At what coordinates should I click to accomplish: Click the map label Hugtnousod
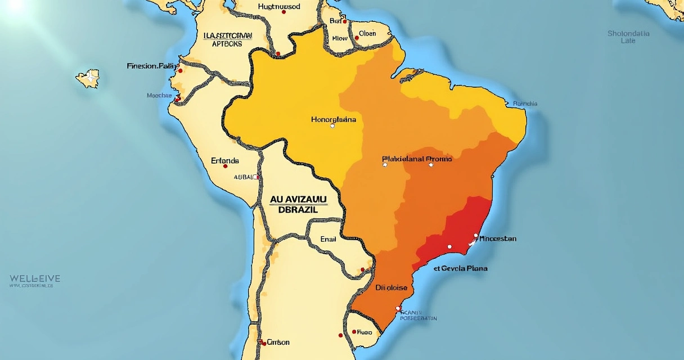coord(279,7)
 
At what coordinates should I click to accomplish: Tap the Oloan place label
coord(367,34)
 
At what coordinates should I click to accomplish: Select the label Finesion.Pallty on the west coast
coord(152,66)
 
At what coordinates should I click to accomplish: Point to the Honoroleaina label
coord(333,120)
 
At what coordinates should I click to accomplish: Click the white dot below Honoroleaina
coord(332,126)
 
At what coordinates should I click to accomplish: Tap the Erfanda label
coord(225,160)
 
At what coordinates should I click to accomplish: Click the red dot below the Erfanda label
coord(226,166)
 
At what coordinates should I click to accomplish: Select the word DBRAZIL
coord(298,209)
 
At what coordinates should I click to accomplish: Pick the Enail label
coord(328,239)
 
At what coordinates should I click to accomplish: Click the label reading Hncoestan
coord(494,238)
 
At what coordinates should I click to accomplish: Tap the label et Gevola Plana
coord(461,268)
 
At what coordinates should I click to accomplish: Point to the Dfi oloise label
coord(391,287)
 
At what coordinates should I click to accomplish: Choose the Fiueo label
coord(364,332)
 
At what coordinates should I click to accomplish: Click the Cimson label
coord(278,342)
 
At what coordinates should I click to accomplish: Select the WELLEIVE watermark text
coord(35,278)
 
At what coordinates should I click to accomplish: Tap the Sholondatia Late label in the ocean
coord(628,37)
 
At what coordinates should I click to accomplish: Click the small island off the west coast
coord(89,78)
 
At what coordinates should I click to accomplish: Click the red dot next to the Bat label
coord(345,22)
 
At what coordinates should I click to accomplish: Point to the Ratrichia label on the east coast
coord(525,103)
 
